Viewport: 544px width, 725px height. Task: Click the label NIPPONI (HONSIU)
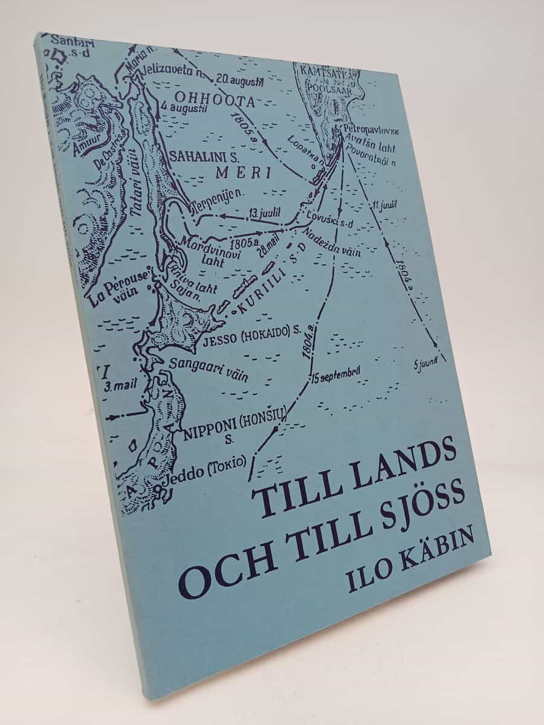[236, 425]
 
